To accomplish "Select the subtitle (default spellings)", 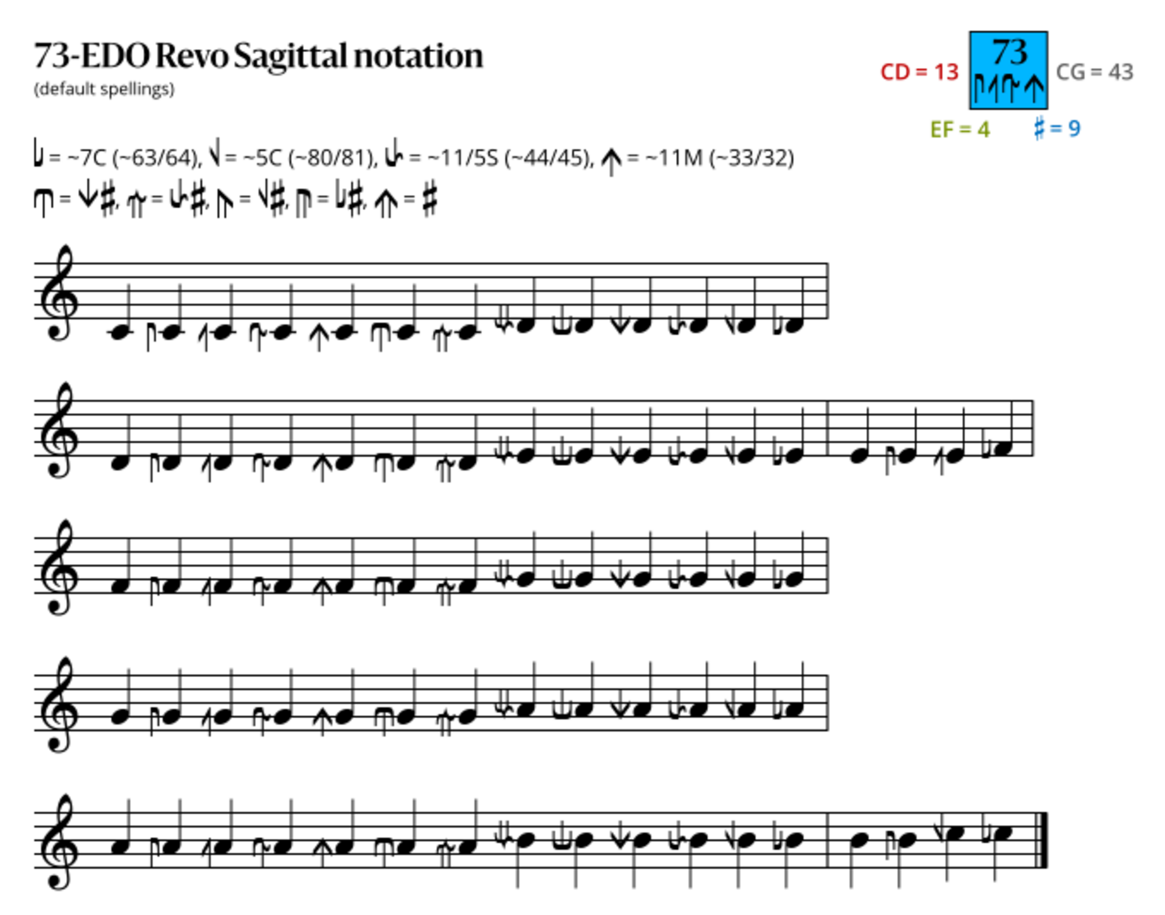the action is point(104,89).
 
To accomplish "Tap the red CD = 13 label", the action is point(919,72).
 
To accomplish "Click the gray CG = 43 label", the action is point(1094,72).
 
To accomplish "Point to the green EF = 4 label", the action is point(960,129).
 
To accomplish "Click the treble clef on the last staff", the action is point(59,842).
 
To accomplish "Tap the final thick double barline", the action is point(1043,840).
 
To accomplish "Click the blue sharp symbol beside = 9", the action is point(1040,128).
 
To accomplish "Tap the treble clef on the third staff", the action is point(59,567).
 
